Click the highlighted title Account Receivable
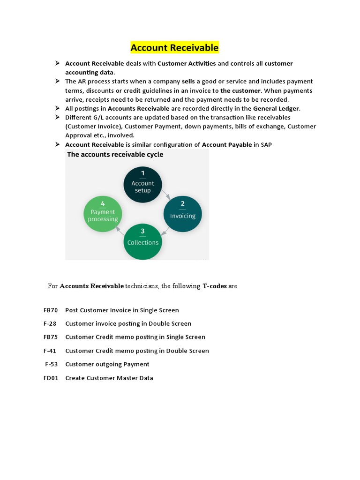coord(174,48)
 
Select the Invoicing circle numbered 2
coord(182,214)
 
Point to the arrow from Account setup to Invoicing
coord(165,194)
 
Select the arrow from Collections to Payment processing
coord(120,231)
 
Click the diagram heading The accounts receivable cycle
coord(115,154)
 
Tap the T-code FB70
coord(51,310)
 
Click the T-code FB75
coord(51,337)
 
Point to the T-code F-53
coord(52,364)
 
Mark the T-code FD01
coord(51,378)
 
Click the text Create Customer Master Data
coord(109,378)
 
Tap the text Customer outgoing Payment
coord(107,364)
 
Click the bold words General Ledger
coord(276,109)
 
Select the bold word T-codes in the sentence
coord(214,286)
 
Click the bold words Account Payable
coord(227,145)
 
